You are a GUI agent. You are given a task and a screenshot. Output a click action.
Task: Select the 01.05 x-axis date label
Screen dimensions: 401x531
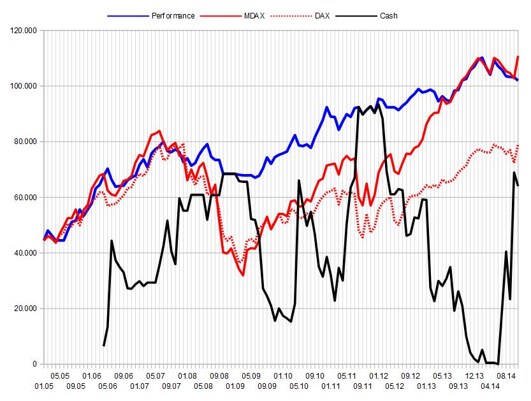43,386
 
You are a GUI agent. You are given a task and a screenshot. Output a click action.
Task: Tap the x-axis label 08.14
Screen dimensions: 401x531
506,376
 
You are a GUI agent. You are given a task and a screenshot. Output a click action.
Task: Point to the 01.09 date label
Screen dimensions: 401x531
235,386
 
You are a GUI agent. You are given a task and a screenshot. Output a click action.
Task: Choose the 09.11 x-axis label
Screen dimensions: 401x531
363,386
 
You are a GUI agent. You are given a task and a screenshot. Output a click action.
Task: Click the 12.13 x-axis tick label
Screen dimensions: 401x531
474,376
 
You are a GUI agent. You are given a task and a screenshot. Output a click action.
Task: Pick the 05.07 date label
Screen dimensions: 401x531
156,376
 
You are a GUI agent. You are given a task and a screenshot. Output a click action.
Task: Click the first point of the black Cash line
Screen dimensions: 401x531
104,346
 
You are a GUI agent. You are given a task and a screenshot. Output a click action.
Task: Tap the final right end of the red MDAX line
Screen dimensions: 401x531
518,57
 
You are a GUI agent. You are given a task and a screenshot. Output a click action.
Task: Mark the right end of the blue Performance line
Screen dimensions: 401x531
518,80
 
